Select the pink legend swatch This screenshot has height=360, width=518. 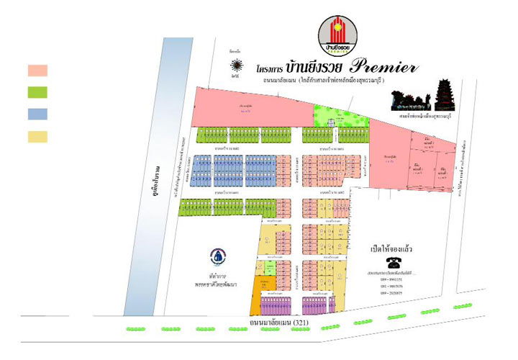37,71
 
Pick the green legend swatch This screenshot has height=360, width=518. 37,92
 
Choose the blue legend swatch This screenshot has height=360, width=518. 37,114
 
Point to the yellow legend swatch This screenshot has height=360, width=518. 37,136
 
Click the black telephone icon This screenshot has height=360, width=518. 394,261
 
